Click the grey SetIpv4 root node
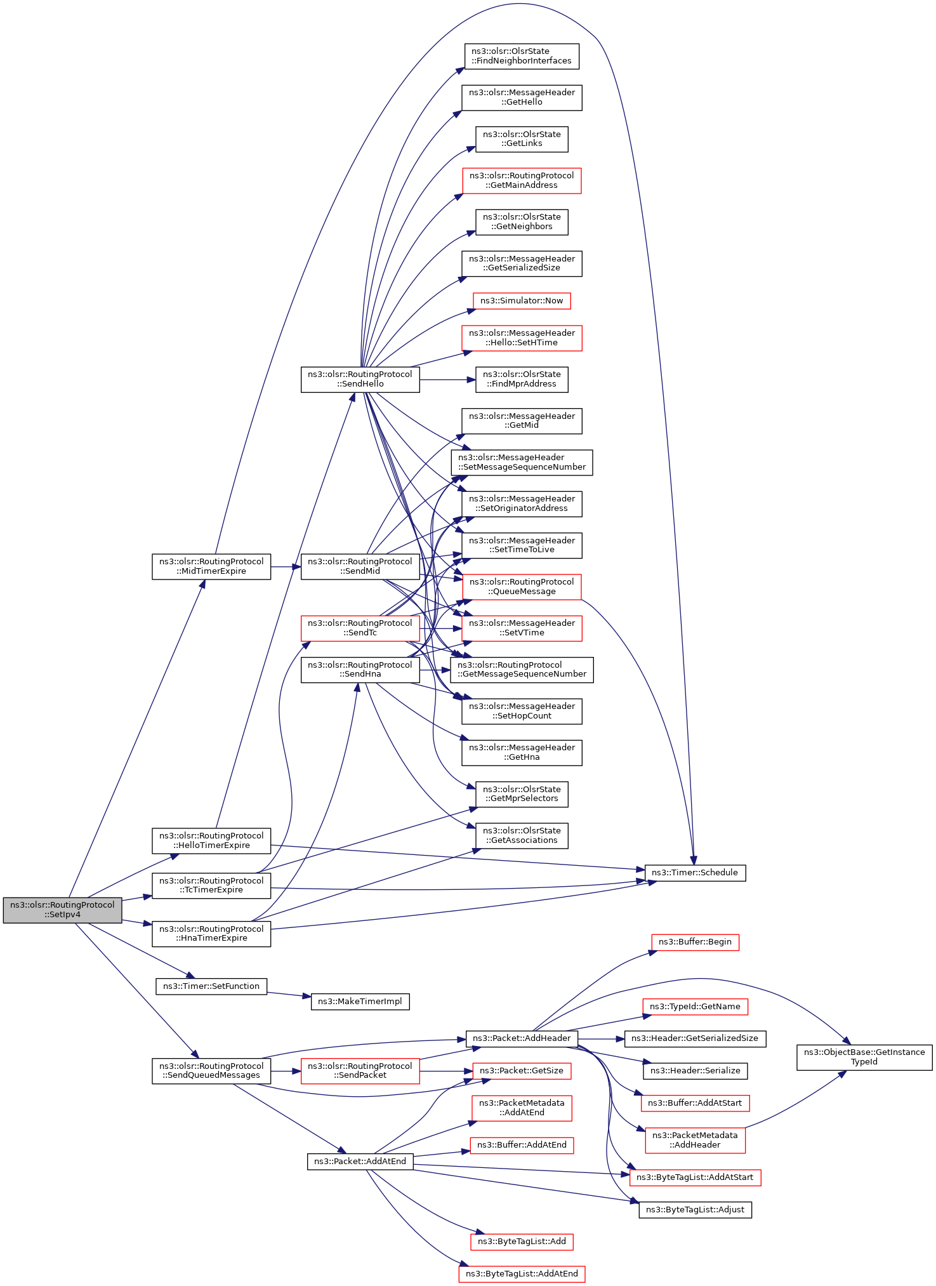[62, 910]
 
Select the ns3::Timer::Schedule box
[695, 873]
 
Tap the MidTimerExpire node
[211, 566]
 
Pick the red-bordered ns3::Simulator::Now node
[522, 301]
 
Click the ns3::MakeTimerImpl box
[360, 1002]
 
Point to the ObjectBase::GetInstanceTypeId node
[864, 1057]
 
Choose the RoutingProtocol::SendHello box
[360, 379]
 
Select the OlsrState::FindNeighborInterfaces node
[522, 56]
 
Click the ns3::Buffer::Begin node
[695, 942]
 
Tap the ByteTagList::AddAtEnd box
[522, 1273]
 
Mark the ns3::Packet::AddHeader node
[522, 1038]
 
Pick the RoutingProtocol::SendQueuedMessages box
[211, 1071]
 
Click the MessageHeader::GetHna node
[522, 752]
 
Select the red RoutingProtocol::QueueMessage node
[522, 587]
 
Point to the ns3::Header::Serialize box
[695, 1071]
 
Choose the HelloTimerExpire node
[211, 840]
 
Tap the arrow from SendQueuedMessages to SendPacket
[286, 1071]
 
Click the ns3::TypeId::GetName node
[695, 1007]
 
